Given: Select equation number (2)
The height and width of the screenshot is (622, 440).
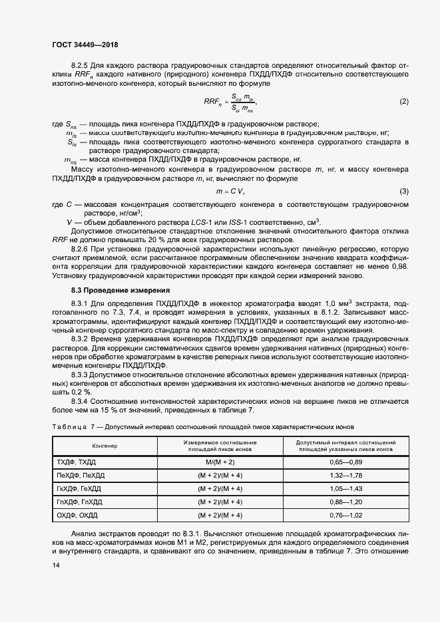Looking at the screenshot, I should tap(403, 101).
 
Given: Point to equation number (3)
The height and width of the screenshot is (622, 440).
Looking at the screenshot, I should tap(403, 191).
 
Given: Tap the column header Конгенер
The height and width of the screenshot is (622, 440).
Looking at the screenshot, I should tap(105, 446).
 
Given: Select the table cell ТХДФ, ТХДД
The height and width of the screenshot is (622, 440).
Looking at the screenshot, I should tap(77, 461).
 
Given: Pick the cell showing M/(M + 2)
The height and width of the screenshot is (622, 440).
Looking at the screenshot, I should tap(220, 461).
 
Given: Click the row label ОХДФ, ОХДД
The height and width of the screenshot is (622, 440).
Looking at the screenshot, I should tap(77, 515).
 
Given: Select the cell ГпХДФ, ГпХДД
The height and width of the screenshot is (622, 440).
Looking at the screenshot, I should tap(80, 501).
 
